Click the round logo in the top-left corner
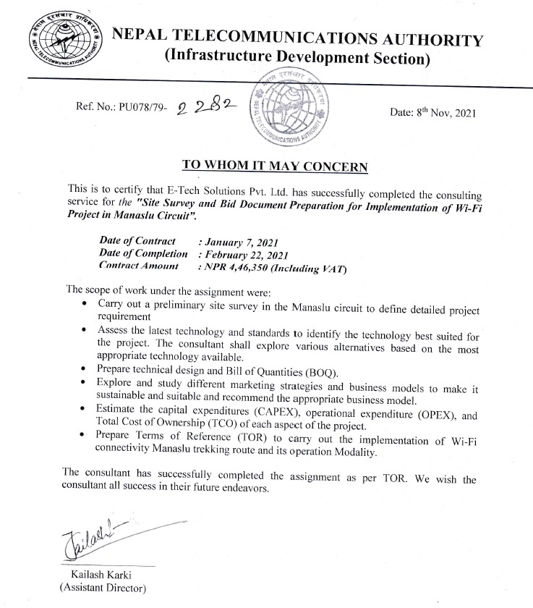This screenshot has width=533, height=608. pyautogui.click(x=64, y=39)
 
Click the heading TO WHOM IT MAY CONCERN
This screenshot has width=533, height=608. pyautogui.click(x=275, y=165)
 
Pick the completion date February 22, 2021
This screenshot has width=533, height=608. pyautogui.click(x=244, y=255)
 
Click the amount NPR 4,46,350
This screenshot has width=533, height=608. pyautogui.click(x=239, y=268)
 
